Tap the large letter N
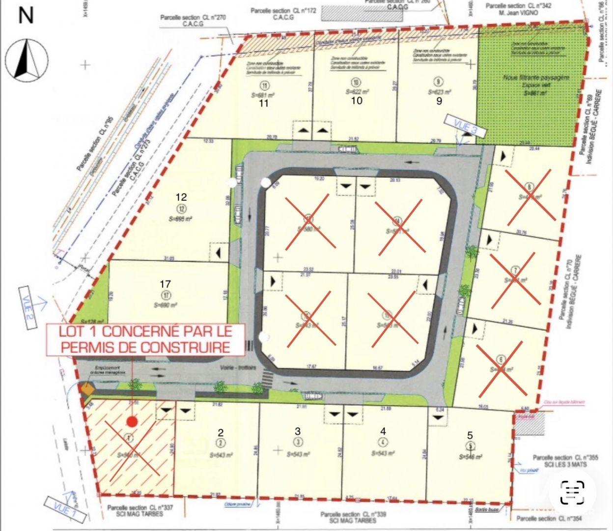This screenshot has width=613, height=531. click(26, 16)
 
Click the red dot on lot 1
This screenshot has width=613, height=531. click(131, 421)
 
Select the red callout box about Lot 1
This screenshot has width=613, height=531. click(146, 339)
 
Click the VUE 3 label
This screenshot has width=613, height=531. click(465, 126)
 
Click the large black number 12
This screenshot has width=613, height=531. click(181, 197)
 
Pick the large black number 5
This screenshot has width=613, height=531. click(470, 435)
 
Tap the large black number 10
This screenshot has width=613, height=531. click(357, 101)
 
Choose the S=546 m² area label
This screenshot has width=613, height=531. click(470, 457)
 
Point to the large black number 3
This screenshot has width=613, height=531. click(298, 432)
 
